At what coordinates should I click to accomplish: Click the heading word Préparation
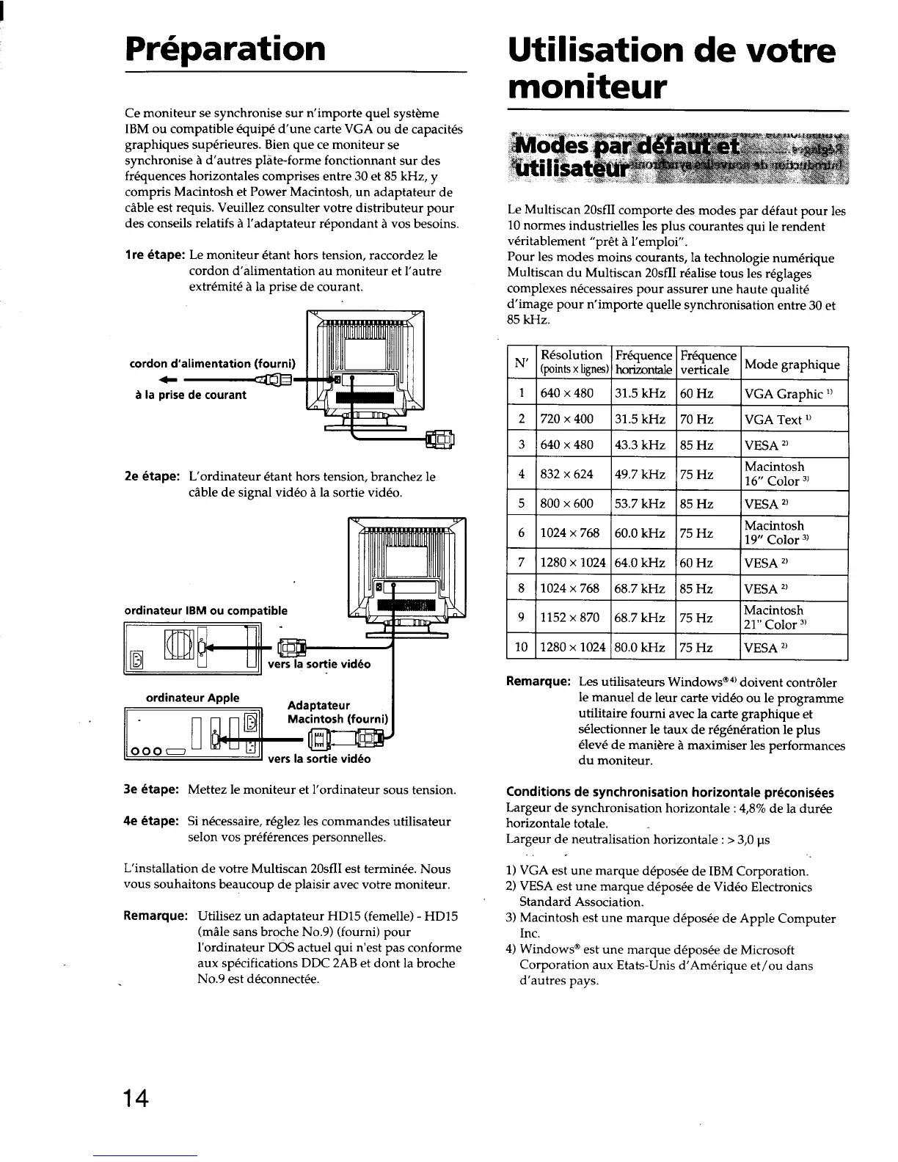[225, 49]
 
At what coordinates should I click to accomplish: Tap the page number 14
[136, 1100]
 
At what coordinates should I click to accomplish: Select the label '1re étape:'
[154, 256]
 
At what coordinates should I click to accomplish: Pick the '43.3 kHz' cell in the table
[640, 445]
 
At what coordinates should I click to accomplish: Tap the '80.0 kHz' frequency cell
[640, 647]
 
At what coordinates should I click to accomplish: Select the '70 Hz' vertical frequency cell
[696, 420]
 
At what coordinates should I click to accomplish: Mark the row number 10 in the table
[522, 647]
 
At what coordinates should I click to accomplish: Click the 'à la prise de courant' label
[188, 395]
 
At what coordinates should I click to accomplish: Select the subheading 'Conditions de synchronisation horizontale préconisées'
[670, 792]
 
